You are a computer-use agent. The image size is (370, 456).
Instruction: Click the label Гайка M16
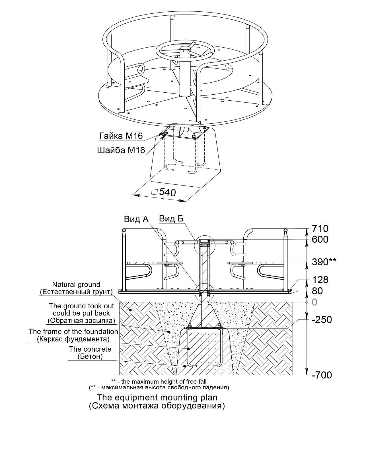pyautogui.click(x=121, y=136)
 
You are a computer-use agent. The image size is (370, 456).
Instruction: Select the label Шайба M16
pyautogui.click(x=121, y=150)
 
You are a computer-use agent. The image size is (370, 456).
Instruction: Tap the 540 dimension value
pyautogui.click(x=168, y=192)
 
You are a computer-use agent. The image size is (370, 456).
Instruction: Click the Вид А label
pyautogui.click(x=136, y=219)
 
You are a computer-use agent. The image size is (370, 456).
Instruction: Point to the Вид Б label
pyautogui.click(x=171, y=219)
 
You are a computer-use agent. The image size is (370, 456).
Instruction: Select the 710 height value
pyautogui.click(x=320, y=229)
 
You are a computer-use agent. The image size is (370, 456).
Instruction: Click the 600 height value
pyautogui.click(x=320, y=239)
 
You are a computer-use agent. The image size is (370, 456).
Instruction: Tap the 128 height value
pyautogui.click(x=320, y=280)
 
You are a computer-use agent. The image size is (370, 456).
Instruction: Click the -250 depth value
pyautogui.click(x=322, y=319)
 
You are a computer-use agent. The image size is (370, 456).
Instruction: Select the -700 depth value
pyautogui.click(x=322, y=375)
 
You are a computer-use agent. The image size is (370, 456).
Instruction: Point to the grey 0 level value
pyautogui.click(x=314, y=302)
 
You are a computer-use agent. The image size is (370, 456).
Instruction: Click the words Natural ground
pyautogui.click(x=76, y=284)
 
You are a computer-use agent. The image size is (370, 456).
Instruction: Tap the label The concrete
pyautogui.click(x=90, y=349)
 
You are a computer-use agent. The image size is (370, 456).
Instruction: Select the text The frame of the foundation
pyautogui.click(x=73, y=331)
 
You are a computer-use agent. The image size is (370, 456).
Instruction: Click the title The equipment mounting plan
pyautogui.click(x=157, y=397)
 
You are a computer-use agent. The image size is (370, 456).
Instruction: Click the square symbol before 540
pyautogui.click(x=154, y=192)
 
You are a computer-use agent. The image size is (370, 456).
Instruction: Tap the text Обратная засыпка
pyautogui.click(x=81, y=321)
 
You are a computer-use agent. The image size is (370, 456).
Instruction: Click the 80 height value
pyautogui.click(x=317, y=291)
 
